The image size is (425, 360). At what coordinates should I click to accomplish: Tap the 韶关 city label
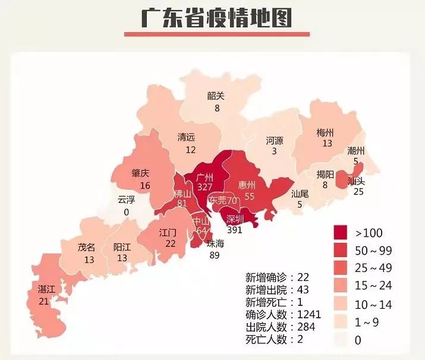(216, 96)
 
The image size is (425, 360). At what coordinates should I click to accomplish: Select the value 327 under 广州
(205, 187)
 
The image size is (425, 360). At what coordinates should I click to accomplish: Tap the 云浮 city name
(126, 200)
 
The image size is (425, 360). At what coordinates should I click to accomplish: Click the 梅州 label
(325, 132)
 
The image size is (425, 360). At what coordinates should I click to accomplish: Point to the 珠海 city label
(216, 243)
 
